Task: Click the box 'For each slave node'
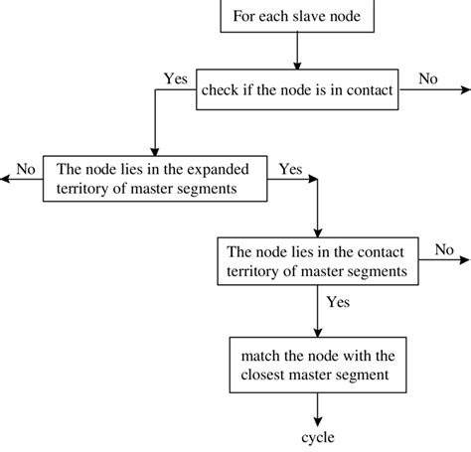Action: (296, 15)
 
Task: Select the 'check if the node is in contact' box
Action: (296, 90)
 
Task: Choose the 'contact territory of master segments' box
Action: (318, 259)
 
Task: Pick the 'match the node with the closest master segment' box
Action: (316, 365)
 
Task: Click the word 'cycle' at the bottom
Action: (318, 437)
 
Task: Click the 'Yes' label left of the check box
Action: (175, 77)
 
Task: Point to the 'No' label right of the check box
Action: (428, 78)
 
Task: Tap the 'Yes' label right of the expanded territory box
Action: (290, 169)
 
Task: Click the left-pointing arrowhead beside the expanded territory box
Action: (6, 180)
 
